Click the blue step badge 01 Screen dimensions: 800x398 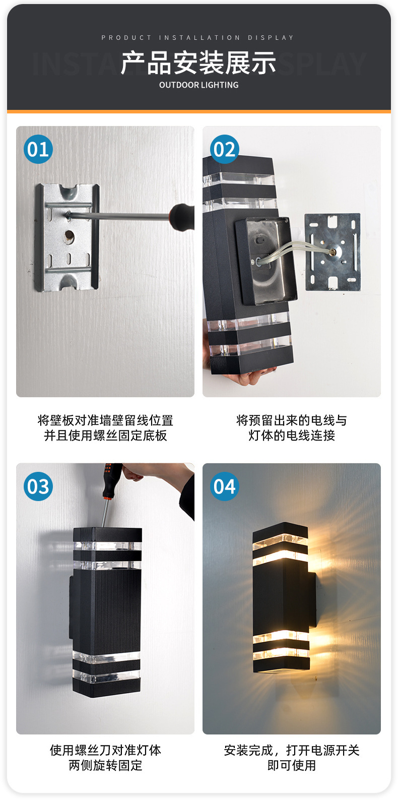coord(38,149)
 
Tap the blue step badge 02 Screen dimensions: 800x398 coord(225,149)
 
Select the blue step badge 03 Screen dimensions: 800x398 coord(38,486)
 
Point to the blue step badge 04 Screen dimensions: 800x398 coord(225,486)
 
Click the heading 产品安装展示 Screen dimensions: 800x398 coord(198,63)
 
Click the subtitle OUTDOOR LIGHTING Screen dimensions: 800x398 coord(198,85)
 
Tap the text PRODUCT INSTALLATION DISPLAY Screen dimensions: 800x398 coord(198,38)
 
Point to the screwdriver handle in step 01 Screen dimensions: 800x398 coord(182,216)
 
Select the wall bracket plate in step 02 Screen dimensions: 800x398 coord(333,252)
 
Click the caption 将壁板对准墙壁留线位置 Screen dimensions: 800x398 coord(105,420)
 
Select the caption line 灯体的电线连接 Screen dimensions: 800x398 coord(292,436)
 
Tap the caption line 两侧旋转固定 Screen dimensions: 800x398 coord(105,765)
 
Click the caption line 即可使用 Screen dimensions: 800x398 coord(292,765)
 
